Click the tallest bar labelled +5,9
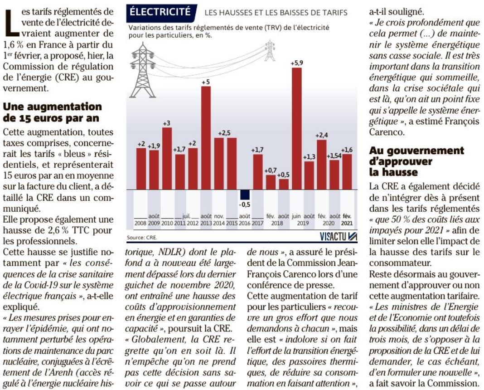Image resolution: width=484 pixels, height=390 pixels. coord(297,129)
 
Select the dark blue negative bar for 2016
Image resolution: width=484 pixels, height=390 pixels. coord(245,195)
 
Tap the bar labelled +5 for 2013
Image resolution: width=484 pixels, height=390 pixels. coord(206,138)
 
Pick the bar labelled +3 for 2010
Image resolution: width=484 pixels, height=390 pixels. coord(167,158)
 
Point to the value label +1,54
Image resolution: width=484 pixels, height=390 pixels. coord(334,156)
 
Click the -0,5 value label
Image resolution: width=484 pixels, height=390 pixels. coord(245,205)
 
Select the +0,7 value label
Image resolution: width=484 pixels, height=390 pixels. coord(271,171)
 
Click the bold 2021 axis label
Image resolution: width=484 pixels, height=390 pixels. coord(347,223)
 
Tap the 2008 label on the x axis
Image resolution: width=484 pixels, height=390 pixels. coord(140,223)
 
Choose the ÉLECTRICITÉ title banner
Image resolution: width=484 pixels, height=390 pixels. coord(161,12)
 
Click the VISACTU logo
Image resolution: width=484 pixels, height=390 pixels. coord(339,237)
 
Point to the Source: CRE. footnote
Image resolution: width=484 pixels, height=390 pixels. coord(142,238)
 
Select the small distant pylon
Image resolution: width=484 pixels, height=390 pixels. coord(270,50)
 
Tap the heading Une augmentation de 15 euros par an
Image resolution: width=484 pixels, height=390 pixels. coord(53,112)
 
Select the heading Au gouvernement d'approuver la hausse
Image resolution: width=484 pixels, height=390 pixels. coord(417,161)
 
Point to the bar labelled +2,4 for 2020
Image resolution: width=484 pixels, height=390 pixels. coord(322,165)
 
